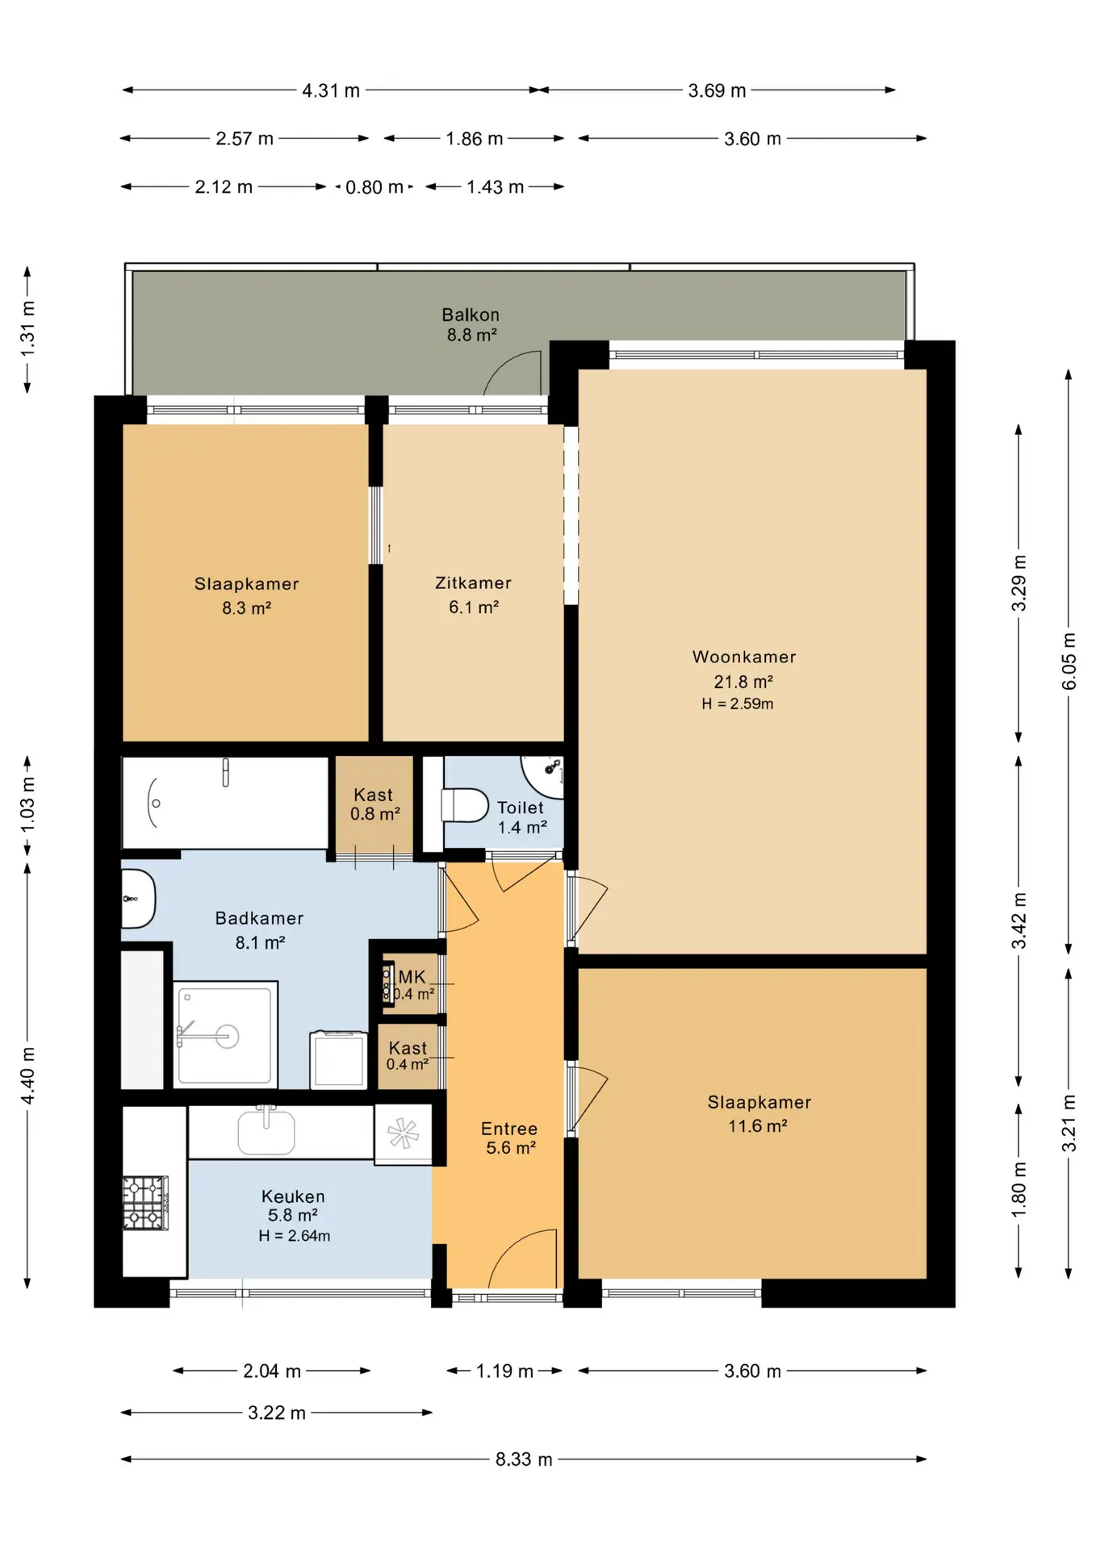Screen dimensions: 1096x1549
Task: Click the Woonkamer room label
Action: tap(744, 657)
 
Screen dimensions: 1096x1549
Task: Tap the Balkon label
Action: tap(471, 315)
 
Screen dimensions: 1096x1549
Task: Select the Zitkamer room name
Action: tap(473, 582)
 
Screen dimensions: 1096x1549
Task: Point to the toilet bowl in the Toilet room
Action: tap(466, 805)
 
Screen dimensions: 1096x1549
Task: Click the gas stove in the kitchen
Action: tap(145, 1203)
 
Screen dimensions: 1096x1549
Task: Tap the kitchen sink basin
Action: tap(266, 1132)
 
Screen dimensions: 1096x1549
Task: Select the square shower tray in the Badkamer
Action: tap(226, 1035)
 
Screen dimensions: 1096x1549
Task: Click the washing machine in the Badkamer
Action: tap(338, 1059)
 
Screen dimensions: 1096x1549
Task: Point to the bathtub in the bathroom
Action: tap(225, 803)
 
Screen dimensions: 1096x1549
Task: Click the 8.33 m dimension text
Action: tap(524, 1459)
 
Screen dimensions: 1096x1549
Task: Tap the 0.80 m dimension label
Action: tap(374, 187)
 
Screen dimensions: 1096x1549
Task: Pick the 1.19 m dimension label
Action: tap(504, 1371)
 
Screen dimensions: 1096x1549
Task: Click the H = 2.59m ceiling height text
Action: tap(738, 704)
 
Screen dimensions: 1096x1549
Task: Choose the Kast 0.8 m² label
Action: tap(374, 804)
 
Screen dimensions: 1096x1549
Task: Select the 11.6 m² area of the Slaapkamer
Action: tap(757, 1125)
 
